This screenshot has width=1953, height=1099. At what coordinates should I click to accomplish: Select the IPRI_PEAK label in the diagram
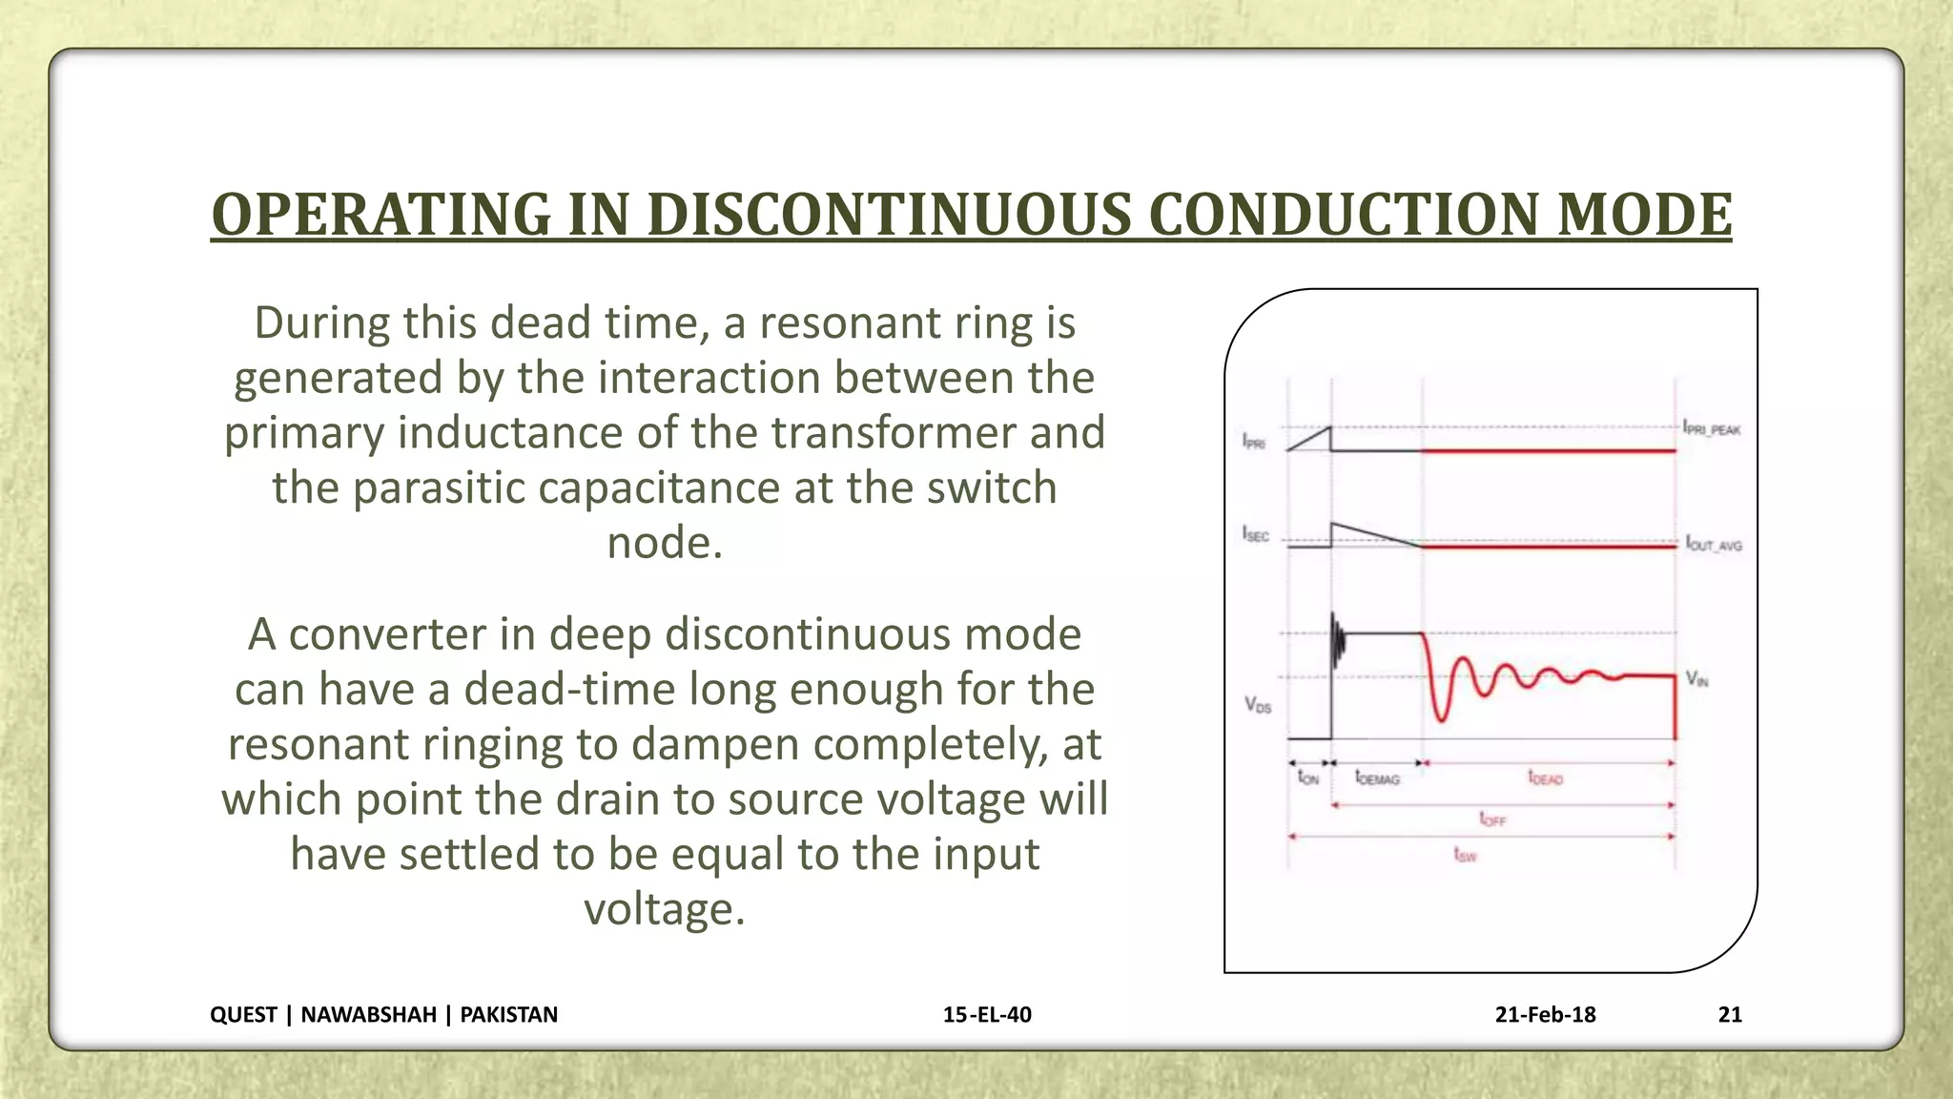click(x=1712, y=429)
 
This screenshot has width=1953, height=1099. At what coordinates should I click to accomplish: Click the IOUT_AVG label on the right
click(x=1714, y=545)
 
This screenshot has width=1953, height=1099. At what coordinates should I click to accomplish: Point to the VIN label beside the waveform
click(x=1696, y=679)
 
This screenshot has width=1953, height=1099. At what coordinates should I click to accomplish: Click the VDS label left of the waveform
click(x=1258, y=705)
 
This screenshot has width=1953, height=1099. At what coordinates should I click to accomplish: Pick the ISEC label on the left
click(x=1256, y=534)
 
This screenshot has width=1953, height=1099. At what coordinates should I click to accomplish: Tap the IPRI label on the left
click(x=1254, y=442)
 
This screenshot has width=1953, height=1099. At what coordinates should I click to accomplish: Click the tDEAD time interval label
click(x=1546, y=778)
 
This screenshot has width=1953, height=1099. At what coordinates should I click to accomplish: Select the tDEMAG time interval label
click(x=1377, y=778)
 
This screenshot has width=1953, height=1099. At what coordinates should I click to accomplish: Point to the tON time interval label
click(x=1308, y=778)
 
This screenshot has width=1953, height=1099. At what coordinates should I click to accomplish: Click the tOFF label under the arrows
click(x=1492, y=819)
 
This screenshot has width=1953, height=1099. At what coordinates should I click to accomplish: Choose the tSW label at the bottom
click(x=1466, y=856)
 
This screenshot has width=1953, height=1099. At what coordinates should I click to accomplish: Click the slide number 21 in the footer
click(x=1730, y=1014)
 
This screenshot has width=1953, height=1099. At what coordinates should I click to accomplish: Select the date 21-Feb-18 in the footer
click(x=1545, y=1014)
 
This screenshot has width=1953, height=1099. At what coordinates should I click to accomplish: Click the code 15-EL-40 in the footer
click(x=987, y=1014)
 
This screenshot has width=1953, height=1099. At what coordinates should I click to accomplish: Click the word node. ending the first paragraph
click(x=665, y=543)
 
